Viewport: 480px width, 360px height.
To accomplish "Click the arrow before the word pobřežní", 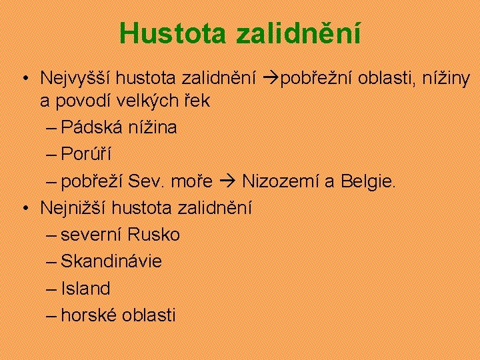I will point(268,79).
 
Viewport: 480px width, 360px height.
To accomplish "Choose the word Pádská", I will point(93,127).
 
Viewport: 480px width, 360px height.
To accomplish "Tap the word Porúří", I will point(86,154).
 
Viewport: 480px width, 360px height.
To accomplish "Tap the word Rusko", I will point(154,235).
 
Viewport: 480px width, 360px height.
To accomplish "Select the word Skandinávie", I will point(111,261).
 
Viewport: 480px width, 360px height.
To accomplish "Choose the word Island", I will point(85,289).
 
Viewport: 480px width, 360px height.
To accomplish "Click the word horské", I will point(89,315).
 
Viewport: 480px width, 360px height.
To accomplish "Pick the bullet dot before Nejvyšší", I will point(23,79).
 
